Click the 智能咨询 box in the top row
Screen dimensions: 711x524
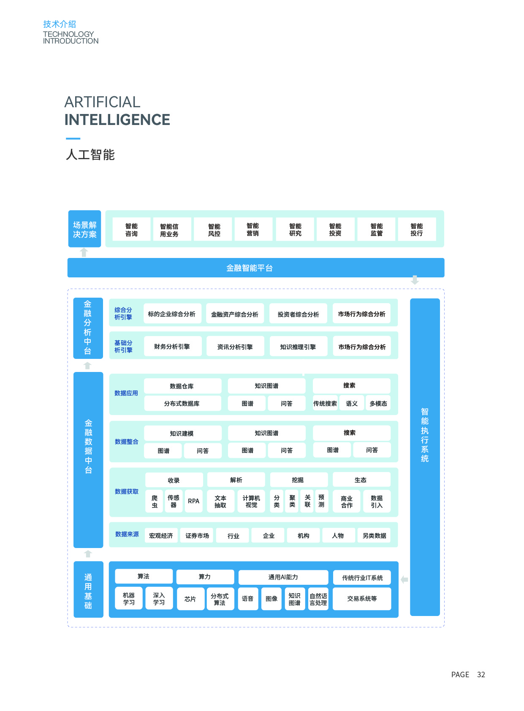coord(131,230)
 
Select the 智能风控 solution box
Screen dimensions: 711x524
coord(214,230)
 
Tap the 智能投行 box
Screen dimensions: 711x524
coord(416,230)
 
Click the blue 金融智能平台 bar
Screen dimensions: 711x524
coord(255,268)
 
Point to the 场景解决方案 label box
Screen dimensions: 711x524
coord(84,229)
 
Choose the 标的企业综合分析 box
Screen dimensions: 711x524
coord(172,314)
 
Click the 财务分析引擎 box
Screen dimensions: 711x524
coord(172,347)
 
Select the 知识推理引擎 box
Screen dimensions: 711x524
coord(298,347)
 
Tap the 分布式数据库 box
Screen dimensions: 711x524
coord(182,403)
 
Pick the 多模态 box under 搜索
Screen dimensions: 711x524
coord(378,403)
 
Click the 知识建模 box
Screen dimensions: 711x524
coord(182,433)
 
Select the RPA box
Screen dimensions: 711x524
coord(194,501)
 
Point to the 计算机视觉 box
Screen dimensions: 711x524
coord(251,501)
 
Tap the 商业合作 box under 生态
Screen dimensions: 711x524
coord(347,501)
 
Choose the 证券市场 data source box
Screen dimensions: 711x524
coord(197,535)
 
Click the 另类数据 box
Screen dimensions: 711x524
coord(374,535)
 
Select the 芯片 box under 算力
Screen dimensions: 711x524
coord(190,599)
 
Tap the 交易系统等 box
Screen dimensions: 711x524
coord(362,599)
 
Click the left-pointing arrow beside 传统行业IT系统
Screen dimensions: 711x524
coord(404,580)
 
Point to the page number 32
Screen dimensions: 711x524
coord(481,675)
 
